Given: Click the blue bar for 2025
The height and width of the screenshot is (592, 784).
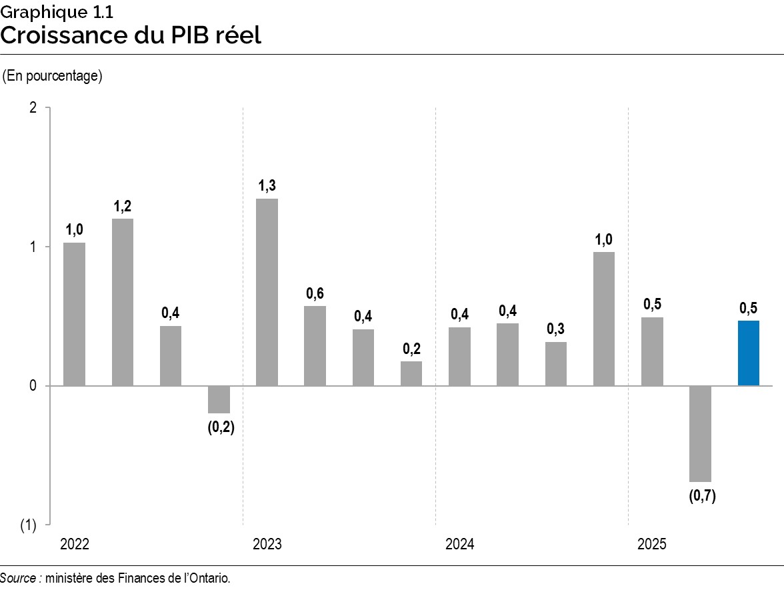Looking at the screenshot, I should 748,353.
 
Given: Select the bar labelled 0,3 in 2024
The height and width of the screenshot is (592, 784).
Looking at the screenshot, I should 555,363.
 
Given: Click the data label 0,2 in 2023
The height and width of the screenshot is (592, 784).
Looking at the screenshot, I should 411,349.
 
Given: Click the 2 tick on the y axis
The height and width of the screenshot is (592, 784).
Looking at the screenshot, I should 31,108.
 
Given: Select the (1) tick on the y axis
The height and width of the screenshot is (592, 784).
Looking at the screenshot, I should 28,525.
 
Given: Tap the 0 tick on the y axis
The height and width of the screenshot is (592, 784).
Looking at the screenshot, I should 31,386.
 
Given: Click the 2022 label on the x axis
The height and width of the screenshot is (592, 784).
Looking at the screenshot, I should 75,545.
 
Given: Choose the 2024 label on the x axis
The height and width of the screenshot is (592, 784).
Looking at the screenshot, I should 460,545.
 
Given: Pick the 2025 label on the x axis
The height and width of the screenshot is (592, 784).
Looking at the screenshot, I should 652,545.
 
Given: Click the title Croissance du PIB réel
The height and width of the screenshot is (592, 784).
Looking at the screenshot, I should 131,35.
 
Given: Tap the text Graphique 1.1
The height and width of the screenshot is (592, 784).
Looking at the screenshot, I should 52,11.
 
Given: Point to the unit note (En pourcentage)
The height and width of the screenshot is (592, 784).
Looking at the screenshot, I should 53,76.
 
